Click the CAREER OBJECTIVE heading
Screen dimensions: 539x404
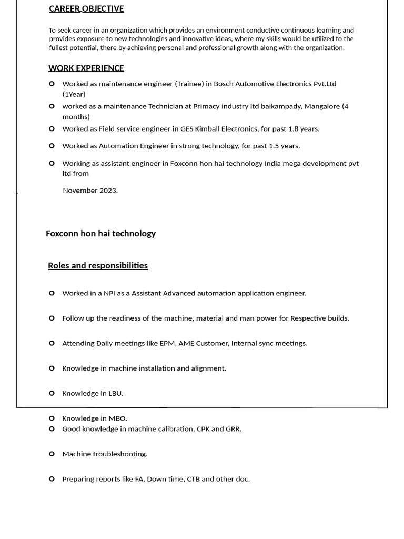pos(86,8)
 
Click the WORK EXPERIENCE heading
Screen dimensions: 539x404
pos(86,68)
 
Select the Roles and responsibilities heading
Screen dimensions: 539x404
pos(98,265)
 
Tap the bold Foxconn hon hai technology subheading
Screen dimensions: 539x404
pos(100,233)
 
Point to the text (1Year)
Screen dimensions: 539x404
pos(74,94)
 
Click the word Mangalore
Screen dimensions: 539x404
pos(322,106)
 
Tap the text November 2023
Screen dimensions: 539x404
pos(90,191)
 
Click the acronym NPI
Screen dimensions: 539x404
pos(109,293)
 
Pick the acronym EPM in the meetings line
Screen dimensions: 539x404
pos(167,343)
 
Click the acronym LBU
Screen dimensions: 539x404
pos(115,393)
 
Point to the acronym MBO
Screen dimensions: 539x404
pos(118,418)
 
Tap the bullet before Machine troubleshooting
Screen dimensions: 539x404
pos(52,454)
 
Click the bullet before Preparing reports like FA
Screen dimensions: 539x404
pos(52,479)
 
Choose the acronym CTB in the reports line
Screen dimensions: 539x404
pos(193,479)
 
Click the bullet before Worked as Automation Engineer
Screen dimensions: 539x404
pos(52,146)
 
